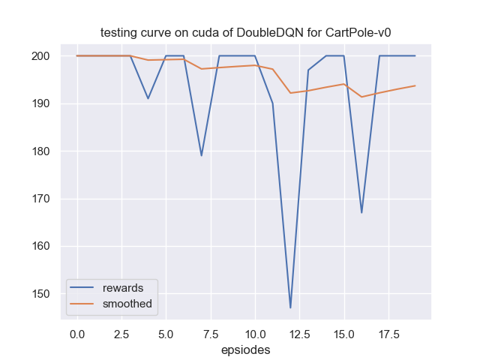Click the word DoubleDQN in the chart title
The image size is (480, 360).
(264, 33)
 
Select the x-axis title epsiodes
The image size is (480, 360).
(245, 349)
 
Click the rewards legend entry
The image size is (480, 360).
(123, 288)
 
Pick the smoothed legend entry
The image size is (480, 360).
(128, 304)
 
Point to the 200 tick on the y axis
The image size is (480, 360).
(40, 56)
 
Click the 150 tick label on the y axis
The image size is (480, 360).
(40, 294)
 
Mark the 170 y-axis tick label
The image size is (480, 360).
(40, 199)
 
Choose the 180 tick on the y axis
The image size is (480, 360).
(40, 151)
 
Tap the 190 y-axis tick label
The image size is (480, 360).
(40, 103)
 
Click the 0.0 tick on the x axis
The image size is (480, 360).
(76, 332)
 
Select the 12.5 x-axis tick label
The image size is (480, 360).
(290, 332)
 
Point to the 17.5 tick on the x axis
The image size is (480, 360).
(379, 332)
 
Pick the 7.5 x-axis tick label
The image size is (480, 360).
(201, 332)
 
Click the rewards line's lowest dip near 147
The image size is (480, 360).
(290, 307)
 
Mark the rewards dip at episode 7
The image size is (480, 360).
(201, 155)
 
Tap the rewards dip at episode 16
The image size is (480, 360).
(361, 212)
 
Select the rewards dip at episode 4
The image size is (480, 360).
(148, 98)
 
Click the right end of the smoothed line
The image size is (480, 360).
(415, 85)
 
